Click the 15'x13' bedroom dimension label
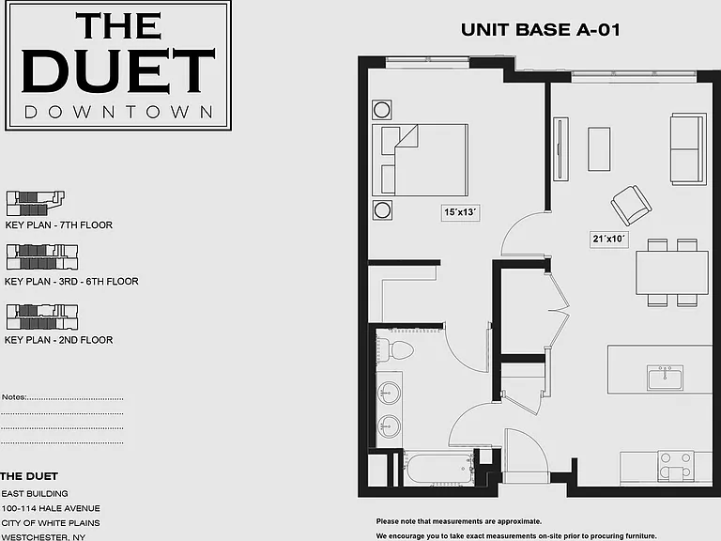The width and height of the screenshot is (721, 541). click(460, 212)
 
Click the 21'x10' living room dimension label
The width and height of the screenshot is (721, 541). click(609, 239)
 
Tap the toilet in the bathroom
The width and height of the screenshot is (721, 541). click(394, 349)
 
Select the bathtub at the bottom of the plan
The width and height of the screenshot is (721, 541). click(439, 469)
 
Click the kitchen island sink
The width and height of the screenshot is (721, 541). click(665, 378)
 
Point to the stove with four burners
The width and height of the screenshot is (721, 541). click(676, 466)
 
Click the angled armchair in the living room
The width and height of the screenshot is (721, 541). click(631, 205)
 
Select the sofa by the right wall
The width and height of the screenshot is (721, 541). click(688, 149)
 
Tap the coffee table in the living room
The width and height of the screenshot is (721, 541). click(599, 149)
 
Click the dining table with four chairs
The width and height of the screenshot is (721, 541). click(672, 272)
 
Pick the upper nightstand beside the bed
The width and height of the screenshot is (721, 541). click(382, 110)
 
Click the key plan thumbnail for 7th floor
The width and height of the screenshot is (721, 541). click(36, 203)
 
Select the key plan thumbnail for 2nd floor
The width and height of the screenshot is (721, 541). click(42, 317)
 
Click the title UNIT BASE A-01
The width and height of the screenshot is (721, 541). click(541, 30)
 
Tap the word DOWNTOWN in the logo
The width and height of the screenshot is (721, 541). click(118, 112)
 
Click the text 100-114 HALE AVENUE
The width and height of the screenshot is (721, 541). click(51, 508)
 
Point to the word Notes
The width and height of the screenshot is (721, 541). click(14, 397)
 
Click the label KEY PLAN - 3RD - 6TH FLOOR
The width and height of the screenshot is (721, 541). click(71, 281)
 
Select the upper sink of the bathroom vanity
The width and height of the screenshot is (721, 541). click(389, 394)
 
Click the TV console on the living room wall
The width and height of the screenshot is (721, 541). click(560, 148)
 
